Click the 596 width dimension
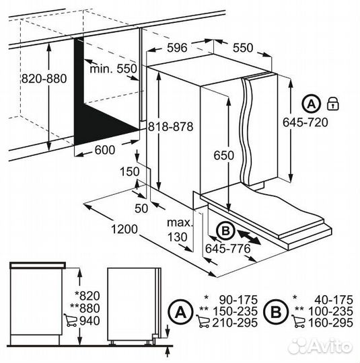pos(177,48)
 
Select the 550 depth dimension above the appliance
pos(243,48)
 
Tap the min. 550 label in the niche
pos(113,69)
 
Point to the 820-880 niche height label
pos(44,79)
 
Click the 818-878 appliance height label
pos(171,126)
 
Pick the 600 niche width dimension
pos(105,150)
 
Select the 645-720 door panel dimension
pos(305,122)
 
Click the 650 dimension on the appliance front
pos(223,155)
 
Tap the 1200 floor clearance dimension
pos(124,229)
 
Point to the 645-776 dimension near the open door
pos(228,249)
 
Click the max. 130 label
pos(180,230)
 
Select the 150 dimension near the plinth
pos(130,171)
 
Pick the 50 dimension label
pos(141,208)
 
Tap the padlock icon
pos(332,104)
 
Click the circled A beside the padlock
pos(311,104)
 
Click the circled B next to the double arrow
pos(225,231)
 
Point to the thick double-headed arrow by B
pos(249,237)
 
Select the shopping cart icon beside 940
pos(70,320)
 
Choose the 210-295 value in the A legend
pos(235,323)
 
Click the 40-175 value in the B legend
pos(334,300)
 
